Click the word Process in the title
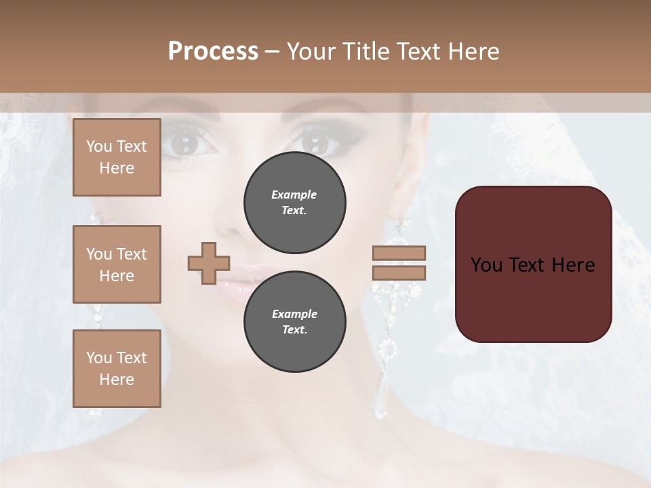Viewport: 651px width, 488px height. click(x=213, y=52)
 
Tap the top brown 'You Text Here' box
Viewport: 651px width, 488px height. click(x=117, y=157)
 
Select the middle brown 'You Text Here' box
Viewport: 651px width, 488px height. click(x=117, y=264)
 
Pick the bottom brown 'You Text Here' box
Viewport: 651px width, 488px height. click(x=117, y=369)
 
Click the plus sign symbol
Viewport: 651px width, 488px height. click(x=209, y=263)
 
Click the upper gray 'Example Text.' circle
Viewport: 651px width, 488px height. click(x=294, y=203)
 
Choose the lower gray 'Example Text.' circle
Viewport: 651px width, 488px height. click(x=294, y=322)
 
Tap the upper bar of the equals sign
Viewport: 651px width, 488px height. click(x=399, y=253)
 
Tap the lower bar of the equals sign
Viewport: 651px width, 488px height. click(x=399, y=272)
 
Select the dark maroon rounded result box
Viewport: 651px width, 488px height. click(x=533, y=264)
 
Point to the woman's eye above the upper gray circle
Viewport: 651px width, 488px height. click(x=315, y=143)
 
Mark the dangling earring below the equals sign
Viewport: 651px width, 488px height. click(x=387, y=349)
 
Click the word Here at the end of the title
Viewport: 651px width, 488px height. click(x=473, y=52)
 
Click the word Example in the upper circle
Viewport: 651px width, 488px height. click(x=294, y=195)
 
